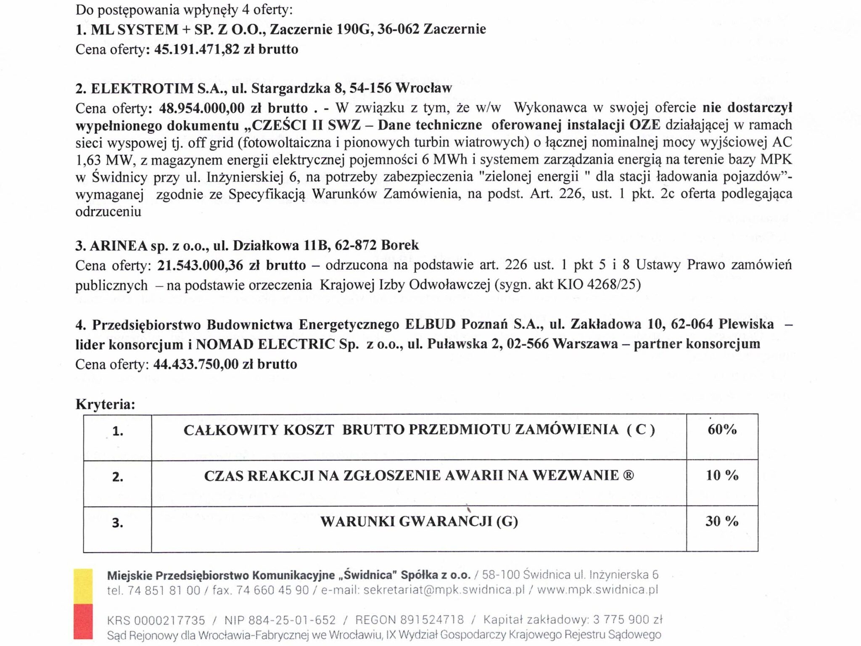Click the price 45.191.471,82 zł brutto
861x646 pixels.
point(226,49)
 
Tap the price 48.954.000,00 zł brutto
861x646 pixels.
point(233,108)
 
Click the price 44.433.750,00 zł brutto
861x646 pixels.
point(225,364)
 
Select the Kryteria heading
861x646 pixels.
point(105,404)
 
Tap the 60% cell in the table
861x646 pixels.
point(722,429)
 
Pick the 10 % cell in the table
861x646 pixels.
point(722,475)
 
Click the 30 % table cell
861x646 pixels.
point(722,521)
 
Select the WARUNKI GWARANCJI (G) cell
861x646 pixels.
point(419,522)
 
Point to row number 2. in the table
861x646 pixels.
point(118,477)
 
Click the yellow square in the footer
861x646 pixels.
point(83,586)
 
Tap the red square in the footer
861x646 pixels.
point(83,621)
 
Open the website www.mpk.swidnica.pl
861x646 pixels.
point(597,590)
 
